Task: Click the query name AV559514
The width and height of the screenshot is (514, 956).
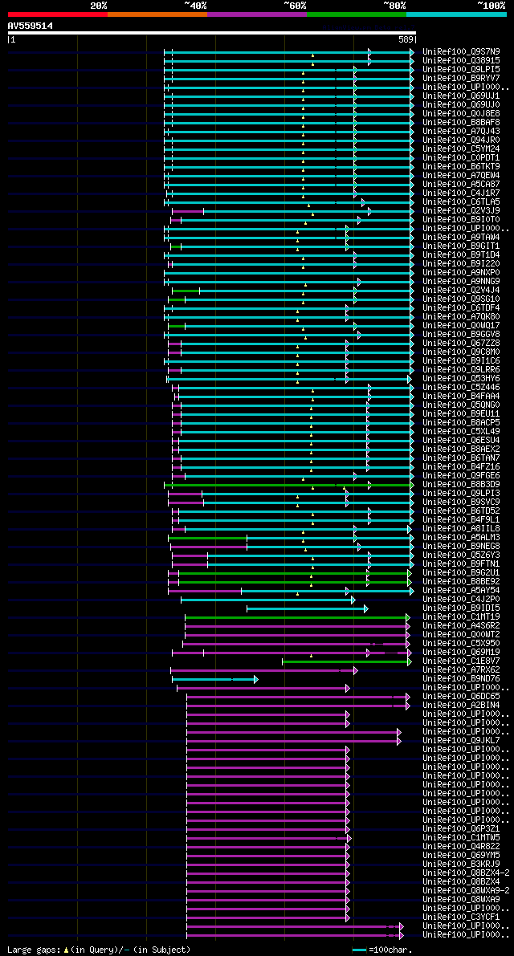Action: coord(31,26)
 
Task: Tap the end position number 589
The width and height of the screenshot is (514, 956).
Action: coord(406,39)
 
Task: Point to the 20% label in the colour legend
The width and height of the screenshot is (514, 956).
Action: coord(99,5)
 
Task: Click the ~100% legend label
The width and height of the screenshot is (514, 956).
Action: coord(492,5)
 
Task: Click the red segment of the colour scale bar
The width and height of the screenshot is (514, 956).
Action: coord(57,14)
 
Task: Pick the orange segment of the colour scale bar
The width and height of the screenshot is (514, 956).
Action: coord(157,14)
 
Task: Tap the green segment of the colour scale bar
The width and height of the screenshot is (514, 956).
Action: coord(356,14)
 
